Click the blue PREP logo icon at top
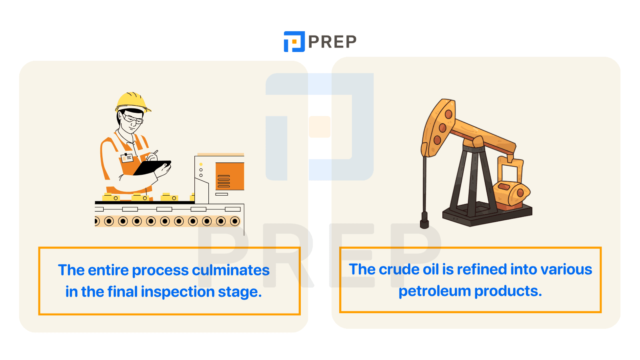294,42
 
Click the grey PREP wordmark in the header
332,42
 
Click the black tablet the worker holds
152,168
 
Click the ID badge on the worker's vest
127,158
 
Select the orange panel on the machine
230,176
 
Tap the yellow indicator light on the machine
201,164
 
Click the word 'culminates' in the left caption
230,270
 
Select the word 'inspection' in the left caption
178,292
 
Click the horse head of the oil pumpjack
438,127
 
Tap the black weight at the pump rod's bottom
424,220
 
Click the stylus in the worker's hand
156,152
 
